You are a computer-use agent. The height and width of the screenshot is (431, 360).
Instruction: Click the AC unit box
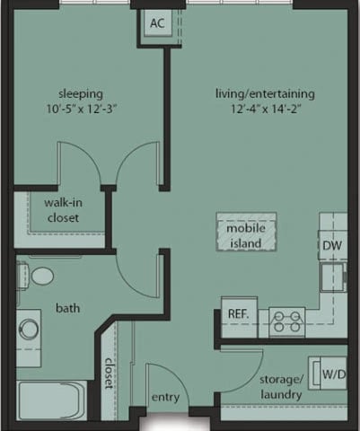click(x=157, y=23)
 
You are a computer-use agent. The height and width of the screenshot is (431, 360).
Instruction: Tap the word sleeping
click(x=81, y=93)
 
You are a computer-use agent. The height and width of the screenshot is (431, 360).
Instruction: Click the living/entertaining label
click(x=264, y=93)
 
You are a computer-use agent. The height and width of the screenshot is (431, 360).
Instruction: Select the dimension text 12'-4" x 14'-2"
click(x=264, y=110)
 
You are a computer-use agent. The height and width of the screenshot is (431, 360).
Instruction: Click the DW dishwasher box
click(x=331, y=244)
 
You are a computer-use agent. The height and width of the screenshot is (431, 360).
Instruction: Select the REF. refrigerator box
click(x=237, y=315)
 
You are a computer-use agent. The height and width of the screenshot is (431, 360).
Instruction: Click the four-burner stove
click(x=287, y=318)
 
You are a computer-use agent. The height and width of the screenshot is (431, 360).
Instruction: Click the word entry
click(x=165, y=397)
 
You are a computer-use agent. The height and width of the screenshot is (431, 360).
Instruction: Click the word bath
click(x=68, y=308)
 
